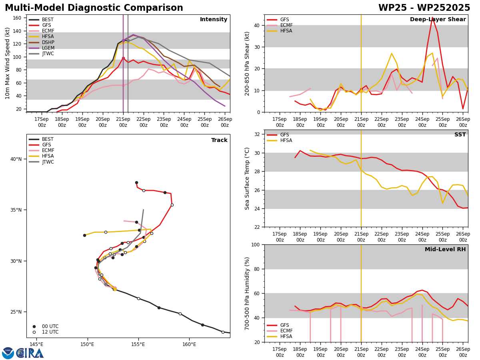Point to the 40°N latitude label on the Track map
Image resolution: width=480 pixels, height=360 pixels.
click(x=16, y=159)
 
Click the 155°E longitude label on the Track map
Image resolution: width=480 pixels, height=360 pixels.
click(x=138, y=344)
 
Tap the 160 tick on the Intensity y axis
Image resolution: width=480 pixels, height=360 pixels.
click(x=17, y=18)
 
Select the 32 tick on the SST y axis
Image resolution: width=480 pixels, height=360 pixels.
click(x=257, y=134)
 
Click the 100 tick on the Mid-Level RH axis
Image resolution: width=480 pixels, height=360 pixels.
click(x=256, y=244)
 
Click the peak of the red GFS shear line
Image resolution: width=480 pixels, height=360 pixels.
click(x=432, y=18)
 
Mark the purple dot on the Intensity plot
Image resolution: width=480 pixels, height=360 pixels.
click(x=123, y=40)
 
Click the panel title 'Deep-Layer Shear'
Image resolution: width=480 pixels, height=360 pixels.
click(x=438, y=19)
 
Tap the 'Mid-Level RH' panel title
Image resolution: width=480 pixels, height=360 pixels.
click(x=445, y=249)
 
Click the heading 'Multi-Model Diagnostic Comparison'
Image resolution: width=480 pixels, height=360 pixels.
click(x=94, y=8)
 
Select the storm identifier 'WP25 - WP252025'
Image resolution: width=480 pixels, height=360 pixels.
click(x=424, y=8)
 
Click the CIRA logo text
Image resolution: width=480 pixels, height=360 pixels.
click(x=30, y=353)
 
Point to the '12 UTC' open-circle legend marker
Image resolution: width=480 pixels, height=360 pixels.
click(x=34, y=332)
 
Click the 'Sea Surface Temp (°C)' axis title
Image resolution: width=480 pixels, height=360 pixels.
click(x=247, y=178)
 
